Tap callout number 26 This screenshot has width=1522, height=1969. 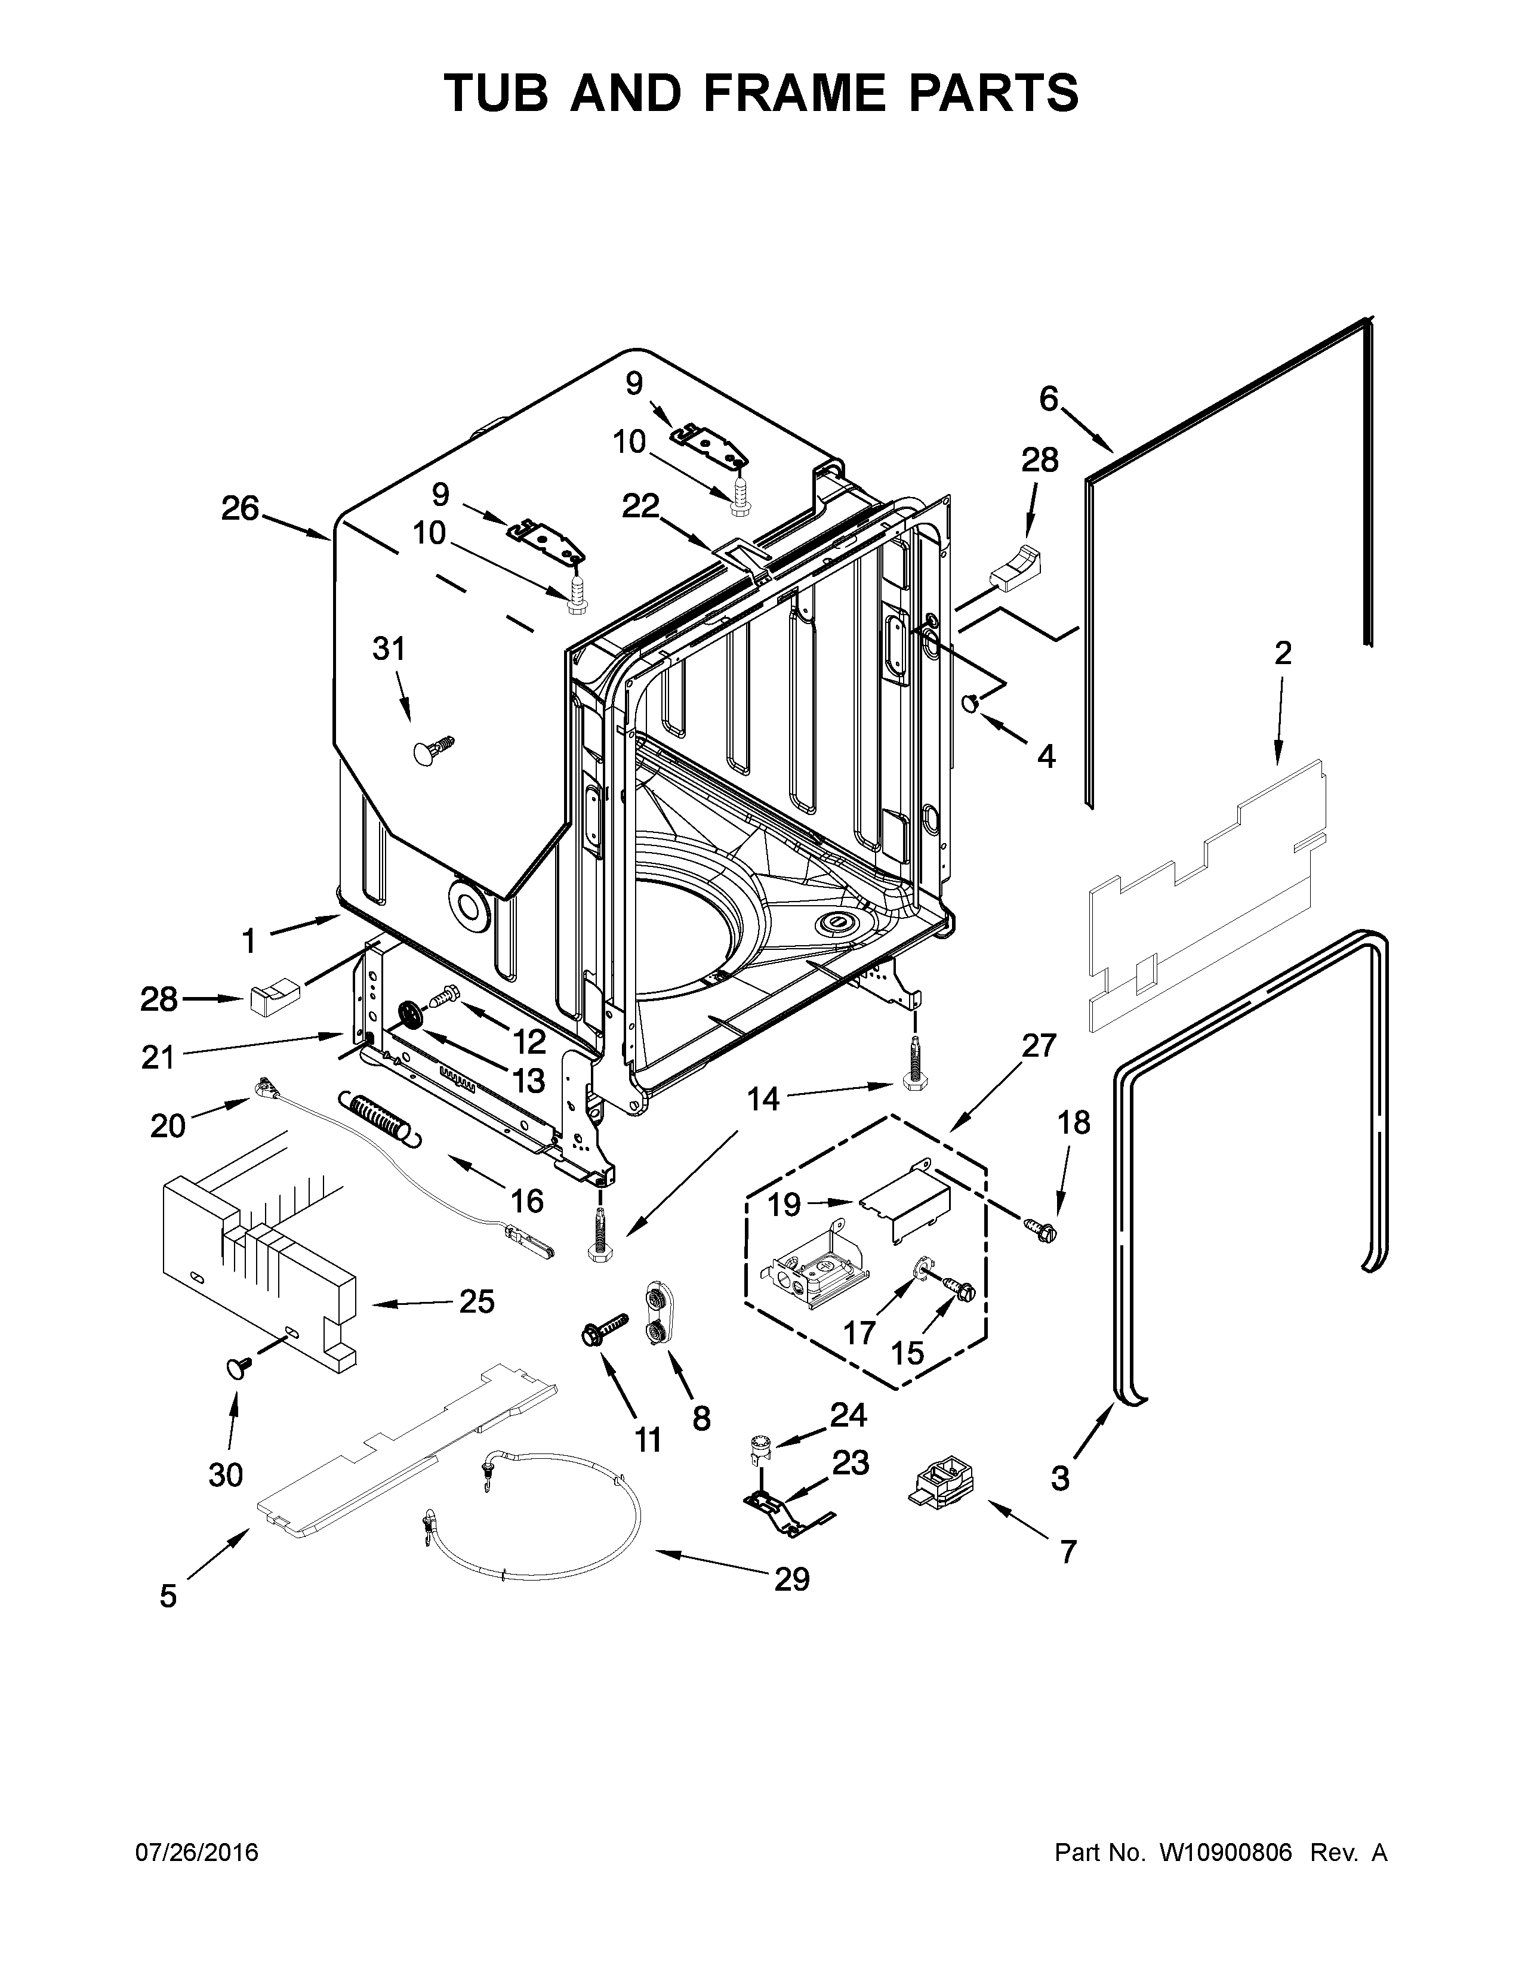coord(240,510)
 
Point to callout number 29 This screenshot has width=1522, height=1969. coord(791,1579)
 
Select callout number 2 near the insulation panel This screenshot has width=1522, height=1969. coord(1282,653)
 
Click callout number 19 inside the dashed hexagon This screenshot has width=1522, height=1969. coord(784,1203)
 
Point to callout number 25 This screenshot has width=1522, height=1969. coord(476,1301)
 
